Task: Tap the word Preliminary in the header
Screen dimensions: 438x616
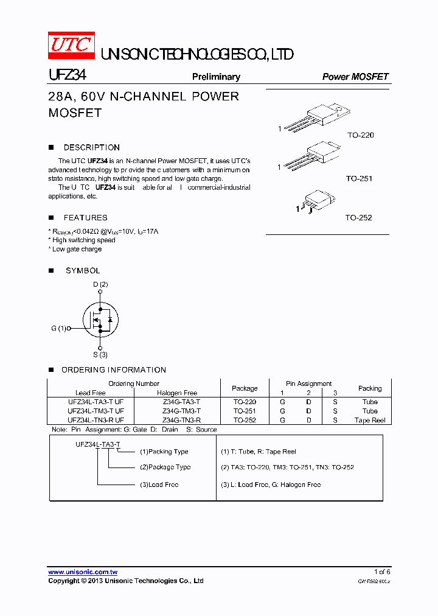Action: click(216, 77)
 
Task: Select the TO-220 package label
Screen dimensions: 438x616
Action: click(360, 135)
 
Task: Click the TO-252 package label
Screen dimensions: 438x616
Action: click(358, 217)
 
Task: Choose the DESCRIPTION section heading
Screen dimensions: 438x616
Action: click(91, 147)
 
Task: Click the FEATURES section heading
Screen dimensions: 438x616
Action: click(85, 217)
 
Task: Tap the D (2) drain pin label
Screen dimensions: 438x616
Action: click(100, 284)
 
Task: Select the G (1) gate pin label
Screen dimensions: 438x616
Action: click(58, 328)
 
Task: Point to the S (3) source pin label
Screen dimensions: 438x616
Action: click(100, 355)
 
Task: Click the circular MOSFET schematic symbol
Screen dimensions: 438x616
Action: click(100, 318)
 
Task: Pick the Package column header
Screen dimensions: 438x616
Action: click(245, 388)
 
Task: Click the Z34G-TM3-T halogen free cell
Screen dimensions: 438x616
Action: click(181, 411)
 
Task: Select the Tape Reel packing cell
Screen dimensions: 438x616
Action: click(370, 421)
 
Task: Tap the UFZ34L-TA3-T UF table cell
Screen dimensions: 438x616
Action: click(96, 402)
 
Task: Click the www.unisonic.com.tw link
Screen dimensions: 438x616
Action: click(83, 572)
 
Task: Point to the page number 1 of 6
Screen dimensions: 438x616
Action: click(381, 572)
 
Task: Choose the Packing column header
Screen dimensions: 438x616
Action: click(370, 388)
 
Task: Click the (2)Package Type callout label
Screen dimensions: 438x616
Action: click(165, 467)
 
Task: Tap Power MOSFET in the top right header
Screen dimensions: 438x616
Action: click(355, 77)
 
